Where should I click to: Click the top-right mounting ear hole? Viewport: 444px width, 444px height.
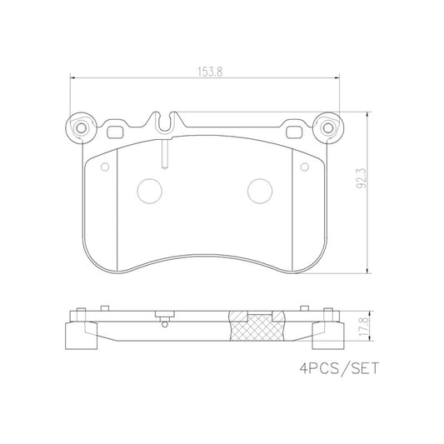327,128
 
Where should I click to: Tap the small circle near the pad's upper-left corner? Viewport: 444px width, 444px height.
105,166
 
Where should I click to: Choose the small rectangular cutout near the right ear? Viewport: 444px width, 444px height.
293,130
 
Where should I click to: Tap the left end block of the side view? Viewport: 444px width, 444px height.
77,336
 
